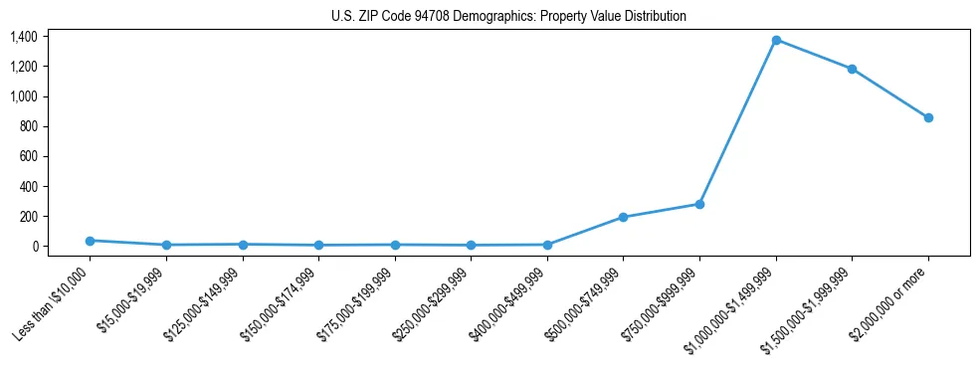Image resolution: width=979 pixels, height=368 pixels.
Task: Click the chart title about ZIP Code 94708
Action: pos(508,16)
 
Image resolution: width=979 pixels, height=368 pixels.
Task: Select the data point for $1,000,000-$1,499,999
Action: pos(776,40)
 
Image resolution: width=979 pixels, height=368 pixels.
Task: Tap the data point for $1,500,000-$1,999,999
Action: pos(852,69)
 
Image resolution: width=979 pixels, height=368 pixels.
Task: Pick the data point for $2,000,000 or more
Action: pos(928,117)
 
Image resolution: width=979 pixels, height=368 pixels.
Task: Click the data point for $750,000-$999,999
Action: pos(699,204)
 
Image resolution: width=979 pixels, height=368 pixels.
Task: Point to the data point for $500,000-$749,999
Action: pos(623,217)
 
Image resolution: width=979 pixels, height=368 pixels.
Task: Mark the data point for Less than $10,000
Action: pos(90,241)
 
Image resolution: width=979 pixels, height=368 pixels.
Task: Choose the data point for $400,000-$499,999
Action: pos(547,245)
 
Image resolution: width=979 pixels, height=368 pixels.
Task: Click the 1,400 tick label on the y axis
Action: pos(24,37)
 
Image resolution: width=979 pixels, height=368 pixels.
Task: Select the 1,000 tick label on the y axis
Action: pos(24,96)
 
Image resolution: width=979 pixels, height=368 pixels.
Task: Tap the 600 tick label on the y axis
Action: pos(28,156)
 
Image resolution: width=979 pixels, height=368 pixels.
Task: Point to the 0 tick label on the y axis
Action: pos(34,246)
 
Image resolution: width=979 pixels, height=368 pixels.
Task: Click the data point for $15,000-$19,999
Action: pos(166,245)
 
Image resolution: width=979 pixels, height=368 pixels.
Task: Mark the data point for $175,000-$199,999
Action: pos(395,245)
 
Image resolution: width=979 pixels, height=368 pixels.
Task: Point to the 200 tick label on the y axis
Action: pos(28,216)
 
